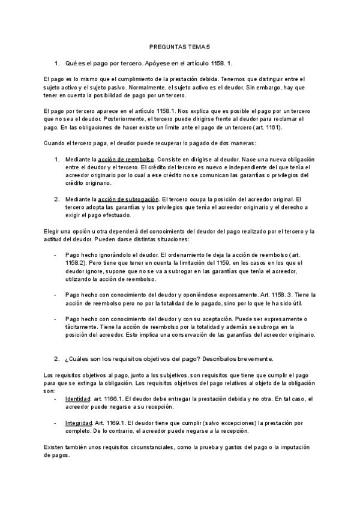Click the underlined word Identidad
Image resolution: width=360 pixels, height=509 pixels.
(x=78, y=399)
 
